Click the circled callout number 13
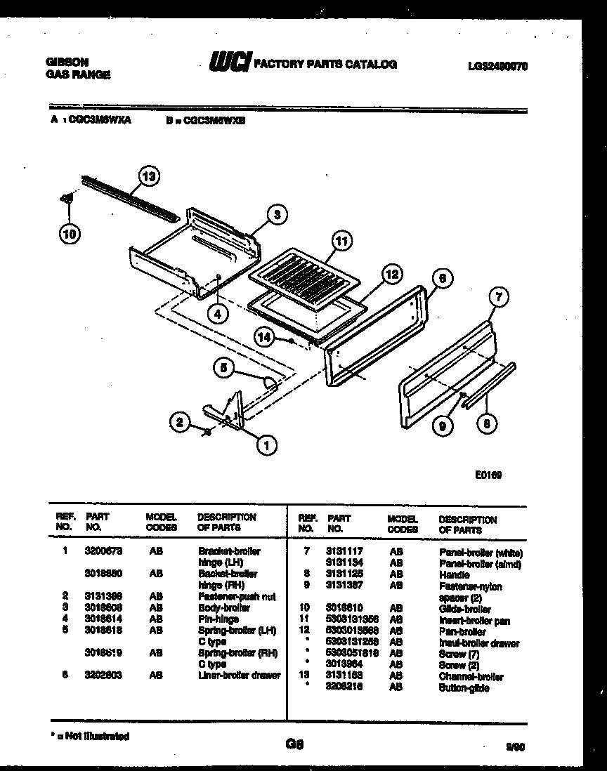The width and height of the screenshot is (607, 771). pos(148,176)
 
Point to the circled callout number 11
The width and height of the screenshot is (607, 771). pos(341,242)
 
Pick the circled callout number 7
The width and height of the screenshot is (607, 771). pos(497,298)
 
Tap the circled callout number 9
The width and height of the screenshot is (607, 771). pos(442,426)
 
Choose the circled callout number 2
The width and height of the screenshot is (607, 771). pos(181,422)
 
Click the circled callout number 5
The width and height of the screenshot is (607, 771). pos(223,367)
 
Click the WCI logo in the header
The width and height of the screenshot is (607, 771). pos(229,64)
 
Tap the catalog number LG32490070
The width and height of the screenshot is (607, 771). pos(497,67)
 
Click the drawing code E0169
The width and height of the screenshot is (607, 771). pos(488,474)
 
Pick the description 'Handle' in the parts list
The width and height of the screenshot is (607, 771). pos(454,574)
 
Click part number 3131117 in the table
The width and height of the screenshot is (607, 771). pos(344,552)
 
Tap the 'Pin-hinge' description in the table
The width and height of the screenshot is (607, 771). pos(218,619)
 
